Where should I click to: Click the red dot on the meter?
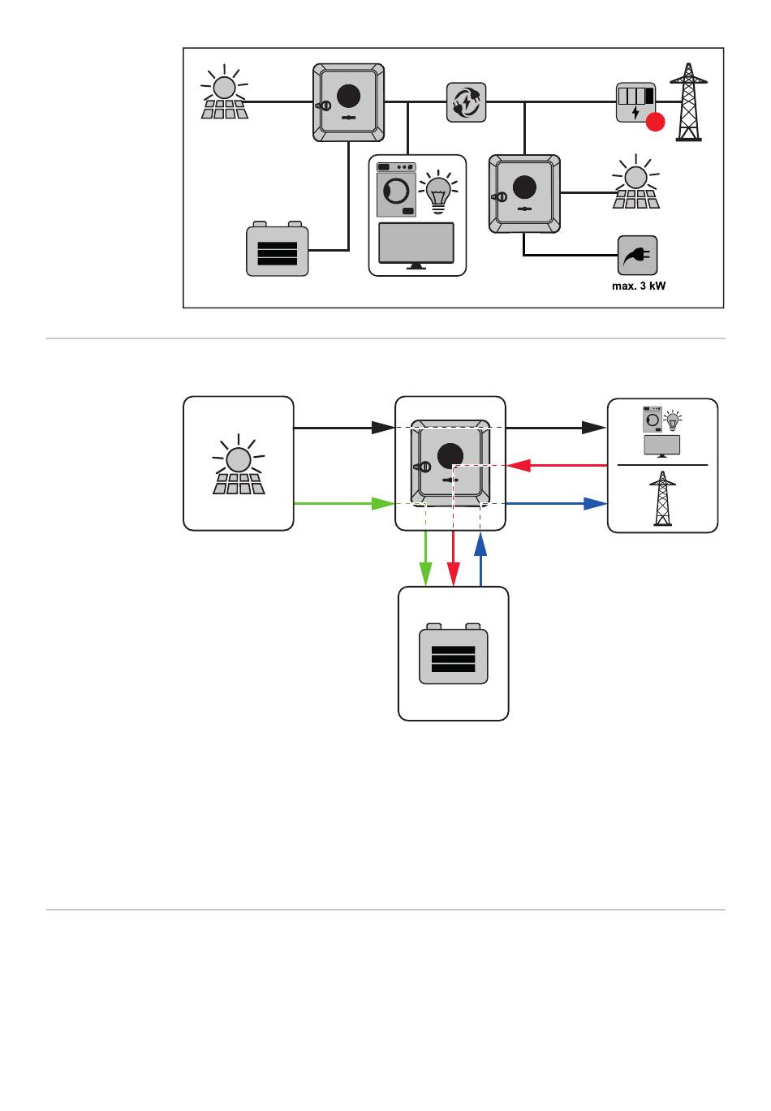pos(655,123)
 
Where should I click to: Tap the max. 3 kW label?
pos(636,286)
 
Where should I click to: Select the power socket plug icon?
pos(637,256)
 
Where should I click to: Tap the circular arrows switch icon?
pos(467,103)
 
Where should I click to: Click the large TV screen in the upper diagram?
pos(417,243)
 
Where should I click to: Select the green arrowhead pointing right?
pos(383,504)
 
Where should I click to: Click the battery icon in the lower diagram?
pos(453,655)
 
